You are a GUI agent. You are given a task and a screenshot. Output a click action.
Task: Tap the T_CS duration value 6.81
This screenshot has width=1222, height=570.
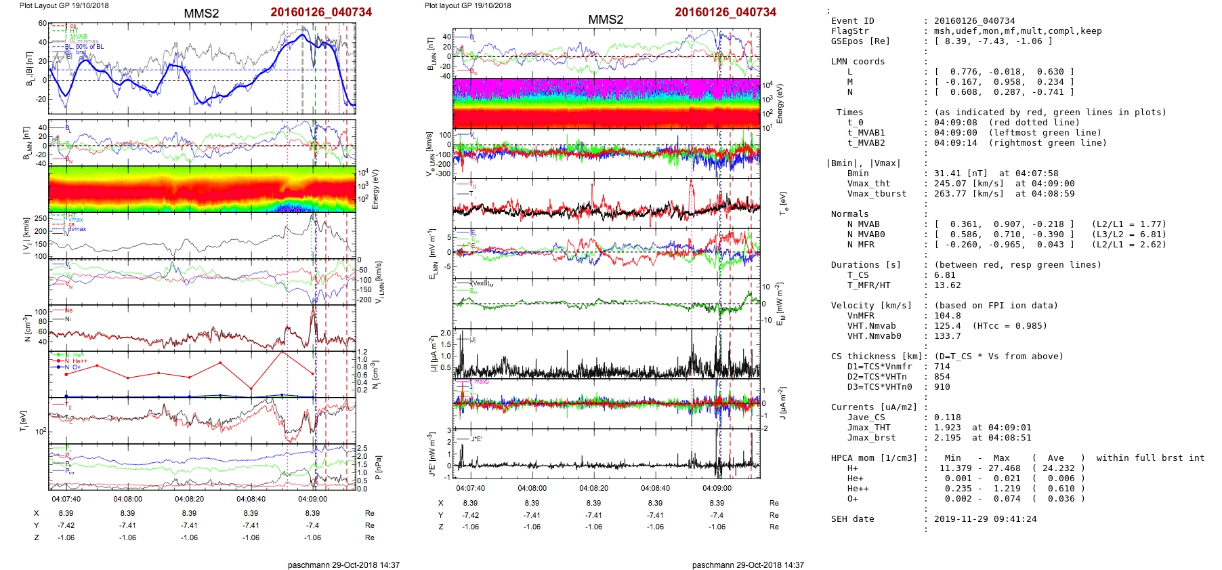944,275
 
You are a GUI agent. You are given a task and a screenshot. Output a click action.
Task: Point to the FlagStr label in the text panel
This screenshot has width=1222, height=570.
849,31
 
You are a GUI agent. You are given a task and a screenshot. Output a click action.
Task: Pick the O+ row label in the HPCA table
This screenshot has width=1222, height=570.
852,499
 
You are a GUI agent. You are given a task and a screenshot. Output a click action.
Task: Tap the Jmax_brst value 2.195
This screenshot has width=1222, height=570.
947,438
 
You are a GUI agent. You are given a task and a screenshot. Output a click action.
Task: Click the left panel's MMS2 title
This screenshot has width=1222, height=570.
201,14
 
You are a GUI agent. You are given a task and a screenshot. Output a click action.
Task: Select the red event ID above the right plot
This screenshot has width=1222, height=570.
725,12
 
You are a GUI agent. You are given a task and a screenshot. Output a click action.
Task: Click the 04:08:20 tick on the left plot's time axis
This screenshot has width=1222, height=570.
189,499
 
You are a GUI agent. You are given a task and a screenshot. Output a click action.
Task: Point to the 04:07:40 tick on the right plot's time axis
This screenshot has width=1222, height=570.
470,488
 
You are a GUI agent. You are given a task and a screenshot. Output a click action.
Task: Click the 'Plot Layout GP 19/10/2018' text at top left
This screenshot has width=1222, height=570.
64,5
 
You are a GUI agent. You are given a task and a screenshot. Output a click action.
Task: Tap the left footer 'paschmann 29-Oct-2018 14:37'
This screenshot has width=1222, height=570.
343,565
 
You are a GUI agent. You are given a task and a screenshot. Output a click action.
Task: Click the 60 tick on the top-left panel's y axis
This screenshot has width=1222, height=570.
42,23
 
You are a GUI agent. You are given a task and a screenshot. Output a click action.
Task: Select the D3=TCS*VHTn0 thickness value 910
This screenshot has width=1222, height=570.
942,387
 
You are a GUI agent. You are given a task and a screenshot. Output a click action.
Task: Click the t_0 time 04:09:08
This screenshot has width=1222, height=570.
955,123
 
